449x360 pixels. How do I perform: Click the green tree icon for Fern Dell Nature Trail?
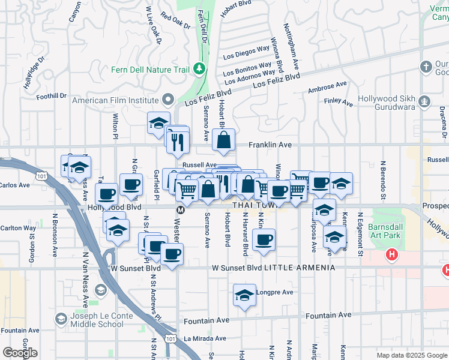pos(199,70)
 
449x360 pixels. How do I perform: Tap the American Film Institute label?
pos(115,100)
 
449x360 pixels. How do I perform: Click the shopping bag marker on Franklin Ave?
pos(223,142)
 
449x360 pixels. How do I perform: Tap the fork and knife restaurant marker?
pos(178,142)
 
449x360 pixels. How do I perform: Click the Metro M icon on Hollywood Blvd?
pos(179,210)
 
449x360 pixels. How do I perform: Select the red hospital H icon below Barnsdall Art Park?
pos(392,255)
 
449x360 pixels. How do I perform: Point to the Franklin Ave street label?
pos(271,145)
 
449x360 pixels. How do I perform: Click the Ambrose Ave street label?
pos(327,88)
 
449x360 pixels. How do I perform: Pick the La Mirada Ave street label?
pos(205,338)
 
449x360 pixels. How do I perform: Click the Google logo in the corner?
pos(20,352)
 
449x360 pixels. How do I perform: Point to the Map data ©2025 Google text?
pos(412,355)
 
